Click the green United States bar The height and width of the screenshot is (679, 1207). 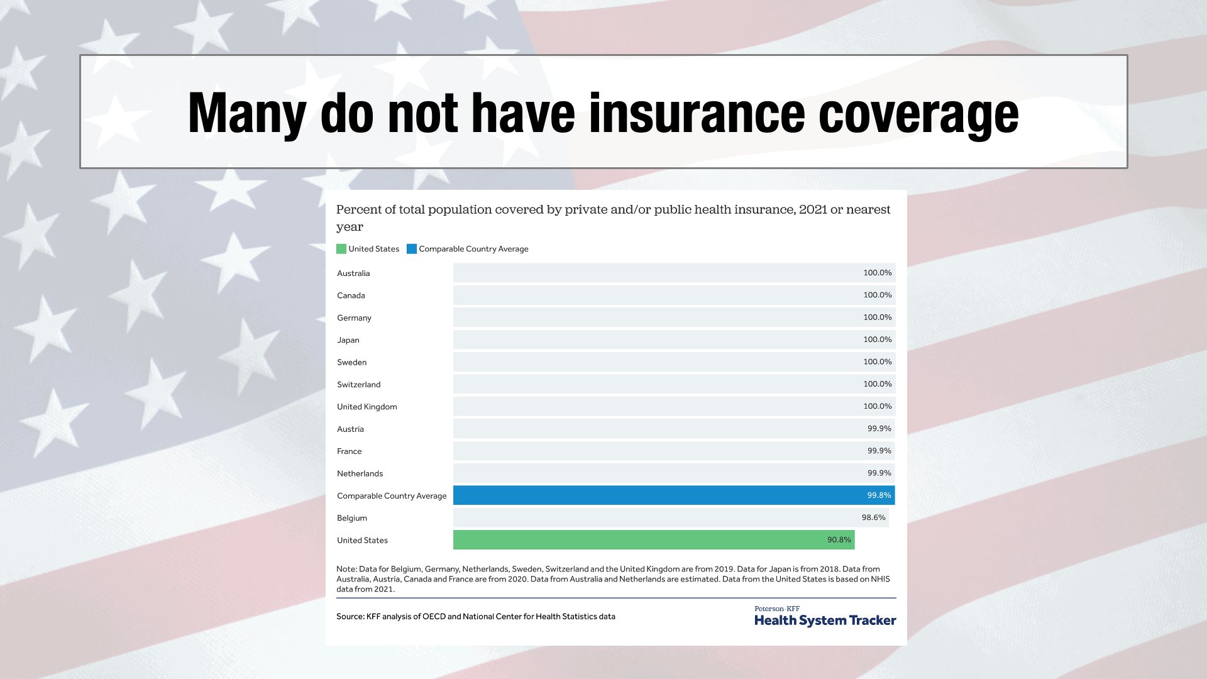(x=654, y=539)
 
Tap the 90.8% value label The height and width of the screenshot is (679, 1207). (x=839, y=540)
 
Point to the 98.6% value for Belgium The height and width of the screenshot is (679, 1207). (x=873, y=517)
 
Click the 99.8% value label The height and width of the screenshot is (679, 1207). (x=879, y=495)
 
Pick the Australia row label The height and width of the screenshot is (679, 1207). (x=353, y=273)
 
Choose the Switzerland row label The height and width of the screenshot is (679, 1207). (x=358, y=385)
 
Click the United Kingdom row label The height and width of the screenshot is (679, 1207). (x=367, y=407)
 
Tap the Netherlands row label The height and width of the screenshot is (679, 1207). (x=360, y=473)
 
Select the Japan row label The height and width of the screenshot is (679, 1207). (x=348, y=340)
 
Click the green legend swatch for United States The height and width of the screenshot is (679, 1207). (x=341, y=249)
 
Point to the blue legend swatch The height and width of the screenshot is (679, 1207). (x=412, y=249)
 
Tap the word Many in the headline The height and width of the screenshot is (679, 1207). (x=247, y=114)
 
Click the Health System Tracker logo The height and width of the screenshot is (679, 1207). (x=825, y=617)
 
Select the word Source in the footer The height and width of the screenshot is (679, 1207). (x=349, y=617)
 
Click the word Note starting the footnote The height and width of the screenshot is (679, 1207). (x=346, y=569)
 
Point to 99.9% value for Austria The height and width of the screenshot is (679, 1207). (x=879, y=429)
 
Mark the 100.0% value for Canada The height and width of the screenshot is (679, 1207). (x=877, y=295)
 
